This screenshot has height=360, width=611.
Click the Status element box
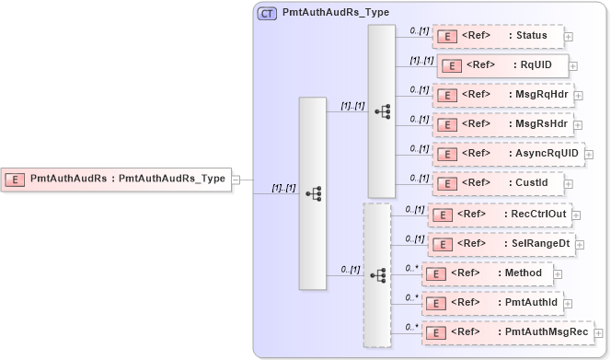coord(497,37)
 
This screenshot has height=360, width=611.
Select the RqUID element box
coord(501,65)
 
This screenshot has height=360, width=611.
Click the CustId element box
coord(497,183)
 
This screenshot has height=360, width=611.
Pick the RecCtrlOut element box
coord(499,215)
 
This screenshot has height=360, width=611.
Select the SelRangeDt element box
coord(501,244)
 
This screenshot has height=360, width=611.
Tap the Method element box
coord(487,273)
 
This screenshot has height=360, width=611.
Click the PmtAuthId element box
coord(491,302)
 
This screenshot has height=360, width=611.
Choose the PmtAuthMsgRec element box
coord(508,331)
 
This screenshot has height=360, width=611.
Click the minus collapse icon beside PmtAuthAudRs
coord(236,180)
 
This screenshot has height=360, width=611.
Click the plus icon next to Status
coord(569,38)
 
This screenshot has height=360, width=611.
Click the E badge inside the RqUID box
coord(452,66)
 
